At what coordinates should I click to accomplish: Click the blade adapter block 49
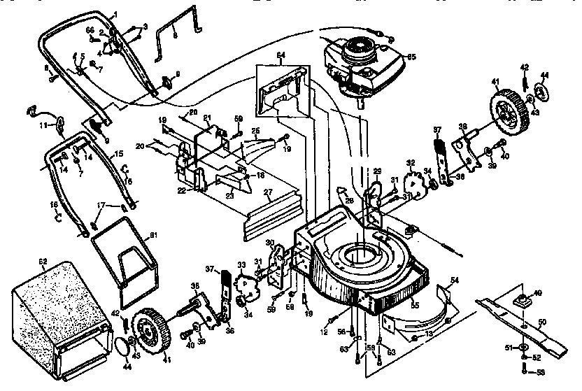(520, 299)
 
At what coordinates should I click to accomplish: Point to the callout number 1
(115, 14)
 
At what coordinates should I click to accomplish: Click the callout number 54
(455, 280)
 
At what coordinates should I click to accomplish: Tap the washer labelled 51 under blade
(524, 346)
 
